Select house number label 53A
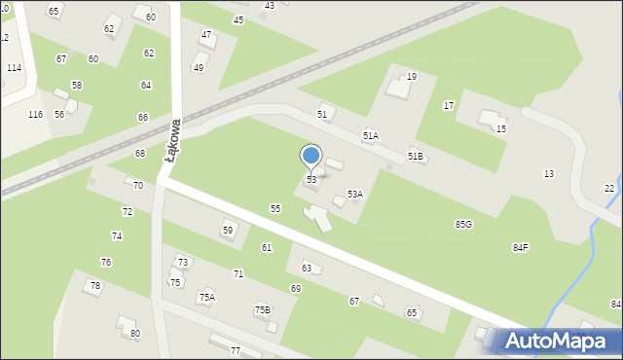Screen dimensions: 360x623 tap(355, 195)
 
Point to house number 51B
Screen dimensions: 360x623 tap(416, 157)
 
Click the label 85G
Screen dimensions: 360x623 tap(463, 225)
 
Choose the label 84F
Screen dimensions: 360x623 tap(521, 248)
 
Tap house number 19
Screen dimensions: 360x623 tap(412, 76)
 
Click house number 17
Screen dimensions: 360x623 tap(449, 105)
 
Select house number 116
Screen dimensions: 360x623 tap(35, 115)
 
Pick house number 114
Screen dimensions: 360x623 tap(14, 68)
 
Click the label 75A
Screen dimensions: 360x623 tap(207, 298)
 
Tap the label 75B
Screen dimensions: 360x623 tap(263, 310)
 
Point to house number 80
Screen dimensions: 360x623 tap(135, 334)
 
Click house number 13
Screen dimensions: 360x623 tap(549, 173)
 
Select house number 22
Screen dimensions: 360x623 tap(609, 188)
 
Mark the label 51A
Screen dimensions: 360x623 tap(371, 136)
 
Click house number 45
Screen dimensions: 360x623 tap(238, 20)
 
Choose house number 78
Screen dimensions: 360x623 tap(95, 286)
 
